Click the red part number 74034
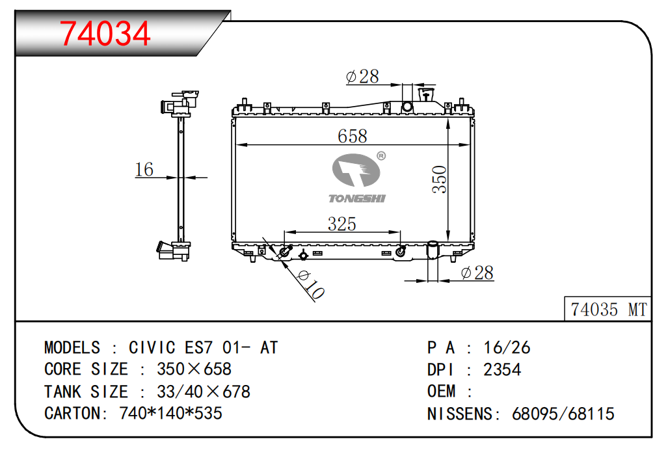point(105,34)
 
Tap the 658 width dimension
point(352,137)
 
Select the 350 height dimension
point(439,179)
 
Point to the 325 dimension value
point(341,224)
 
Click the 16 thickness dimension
point(144,169)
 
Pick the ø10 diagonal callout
point(311,284)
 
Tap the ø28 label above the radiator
point(362,77)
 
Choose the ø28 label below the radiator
point(477,273)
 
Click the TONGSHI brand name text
point(357,198)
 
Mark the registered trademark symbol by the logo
point(381,156)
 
